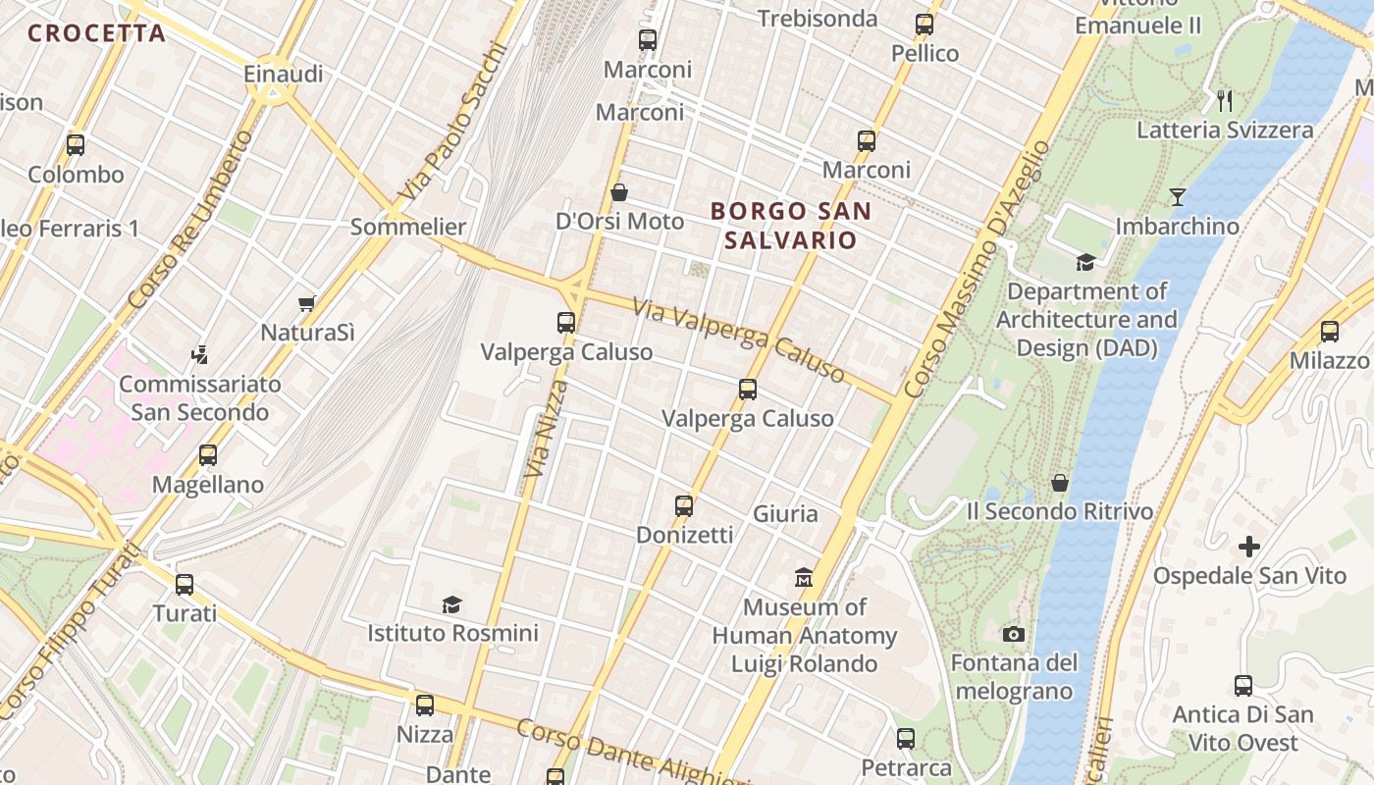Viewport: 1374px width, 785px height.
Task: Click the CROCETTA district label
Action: [x=96, y=33]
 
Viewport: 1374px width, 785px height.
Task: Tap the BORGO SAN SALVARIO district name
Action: [x=791, y=225]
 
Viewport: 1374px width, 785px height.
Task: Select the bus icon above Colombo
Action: [x=76, y=145]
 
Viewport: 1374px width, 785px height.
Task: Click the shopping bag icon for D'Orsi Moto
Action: [x=619, y=192]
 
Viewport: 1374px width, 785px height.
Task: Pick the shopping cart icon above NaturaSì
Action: [x=307, y=304]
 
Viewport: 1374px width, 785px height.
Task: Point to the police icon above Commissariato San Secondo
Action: [x=200, y=354]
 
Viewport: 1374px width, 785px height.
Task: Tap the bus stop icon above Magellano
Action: [x=208, y=455]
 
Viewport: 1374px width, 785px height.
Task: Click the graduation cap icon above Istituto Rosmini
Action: [x=451, y=604]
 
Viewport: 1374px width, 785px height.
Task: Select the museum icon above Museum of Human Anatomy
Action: [x=804, y=577]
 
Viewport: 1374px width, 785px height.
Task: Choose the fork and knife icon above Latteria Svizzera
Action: [x=1224, y=100]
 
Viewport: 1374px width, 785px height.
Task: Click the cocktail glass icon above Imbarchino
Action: [x=1177, y=197]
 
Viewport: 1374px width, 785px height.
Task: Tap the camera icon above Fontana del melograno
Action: [x=1014, y=634]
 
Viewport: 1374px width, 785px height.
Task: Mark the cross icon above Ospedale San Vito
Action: [x=1249, y=546]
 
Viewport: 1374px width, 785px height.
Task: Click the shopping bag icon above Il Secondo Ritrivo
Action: [x=1060, y=483]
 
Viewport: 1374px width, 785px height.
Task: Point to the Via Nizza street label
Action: [x=545, y=430]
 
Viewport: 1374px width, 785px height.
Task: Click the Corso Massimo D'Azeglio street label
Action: [x=977, y=270]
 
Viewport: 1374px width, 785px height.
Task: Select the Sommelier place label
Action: [x=408, y=227]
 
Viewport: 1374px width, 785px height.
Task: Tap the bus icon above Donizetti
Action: [x=684, y=506]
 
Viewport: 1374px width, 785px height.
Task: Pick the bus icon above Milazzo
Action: [x=1330, y=332]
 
